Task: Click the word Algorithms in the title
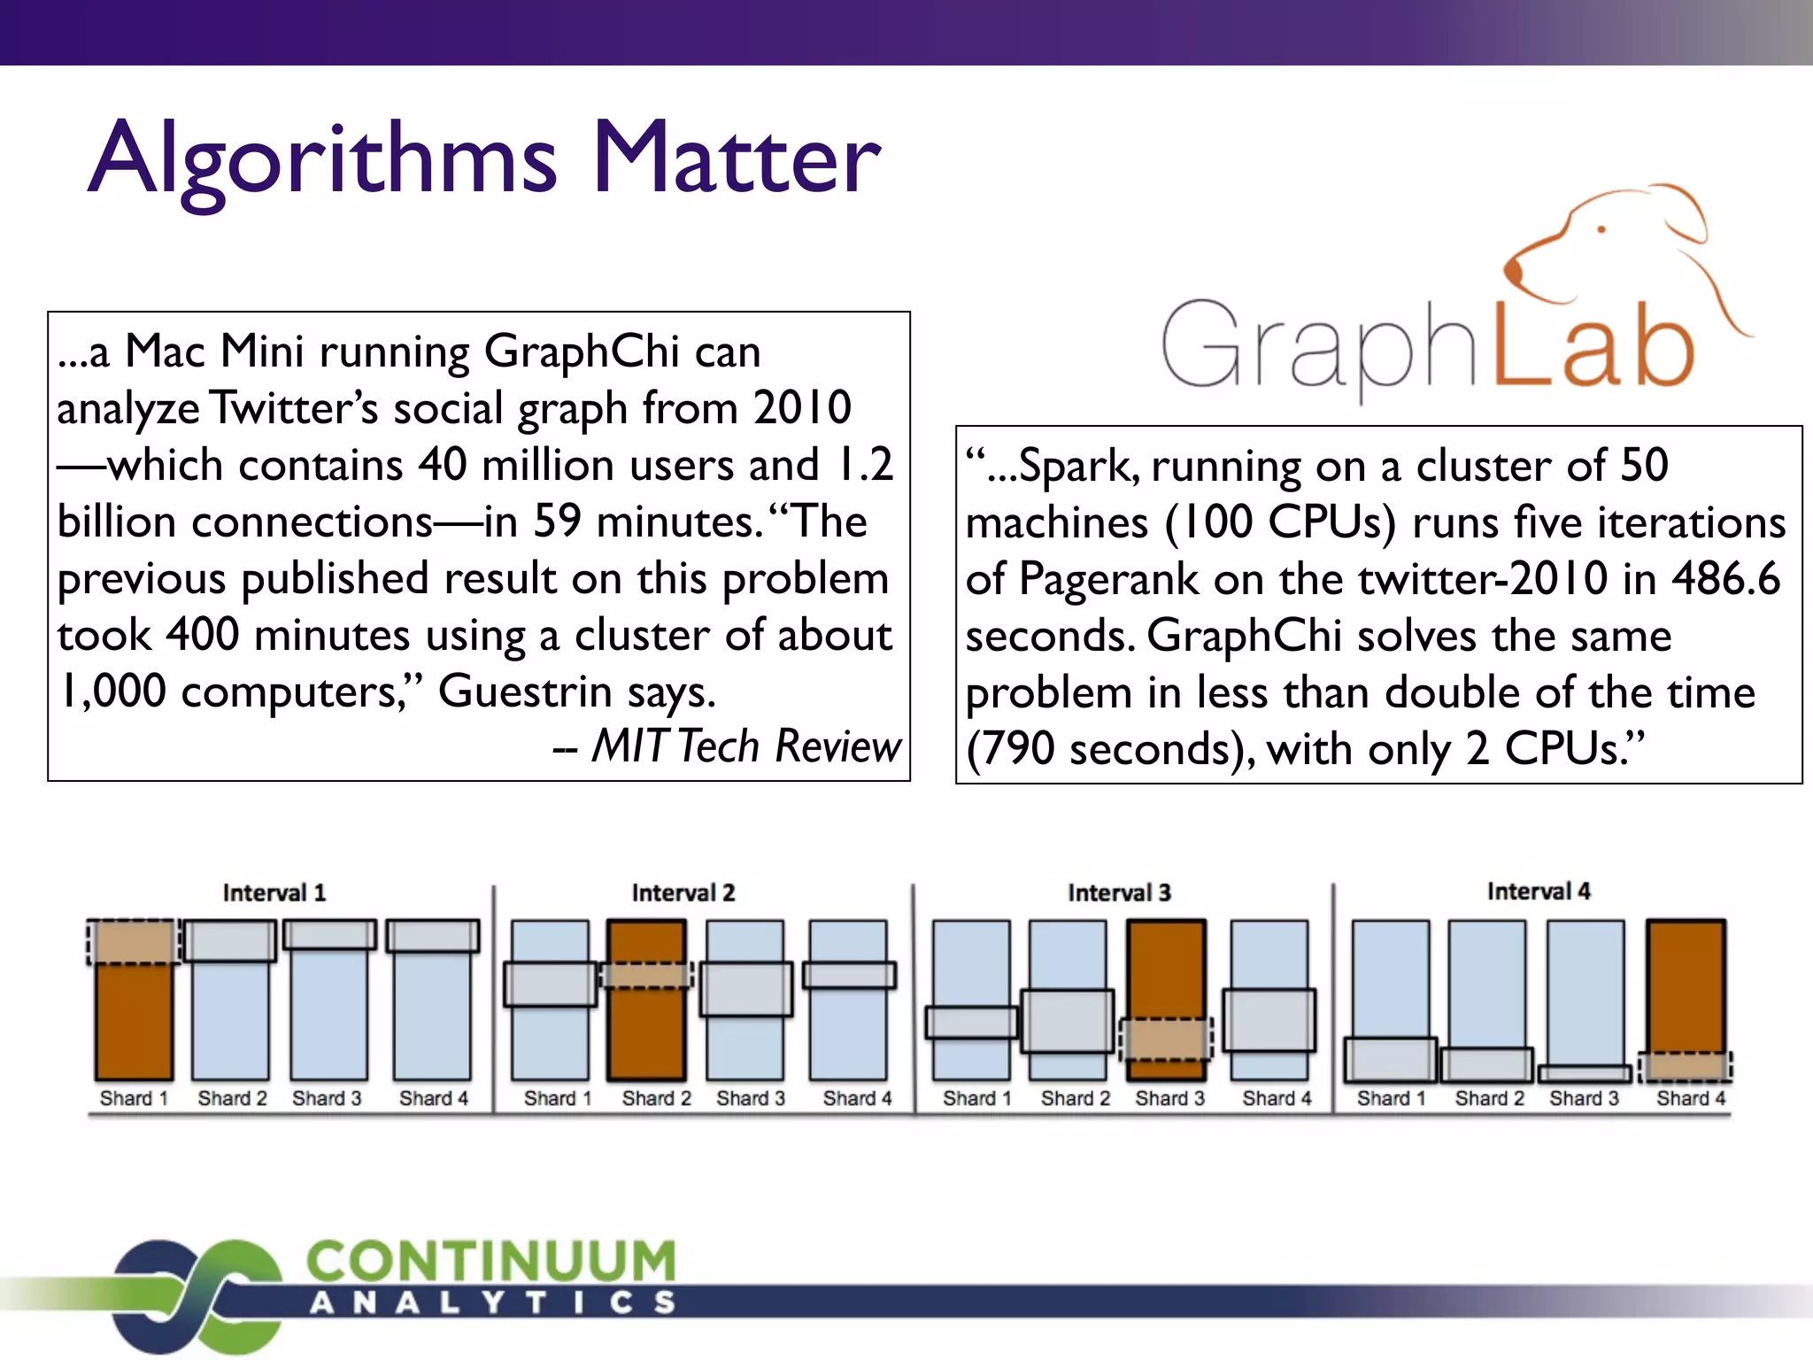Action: point(323,159)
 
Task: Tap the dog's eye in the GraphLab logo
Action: point(1601,229)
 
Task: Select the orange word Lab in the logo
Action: point(1593,350)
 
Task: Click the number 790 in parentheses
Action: point(1018,749)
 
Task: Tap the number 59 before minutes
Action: point(557,522)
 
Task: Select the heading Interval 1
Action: point(274,892)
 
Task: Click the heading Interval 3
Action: point(1119,892)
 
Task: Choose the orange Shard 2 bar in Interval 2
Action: point(647,1036)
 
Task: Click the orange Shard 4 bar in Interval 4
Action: point(1686,983)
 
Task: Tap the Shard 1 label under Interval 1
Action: point(134,1099)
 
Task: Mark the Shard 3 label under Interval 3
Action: point(1170,1099)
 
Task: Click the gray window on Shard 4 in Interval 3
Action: point(1269,1020)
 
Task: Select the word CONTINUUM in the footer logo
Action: point(491,1261)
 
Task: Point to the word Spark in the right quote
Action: point(1071,466)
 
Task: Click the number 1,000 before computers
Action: point(112,692)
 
